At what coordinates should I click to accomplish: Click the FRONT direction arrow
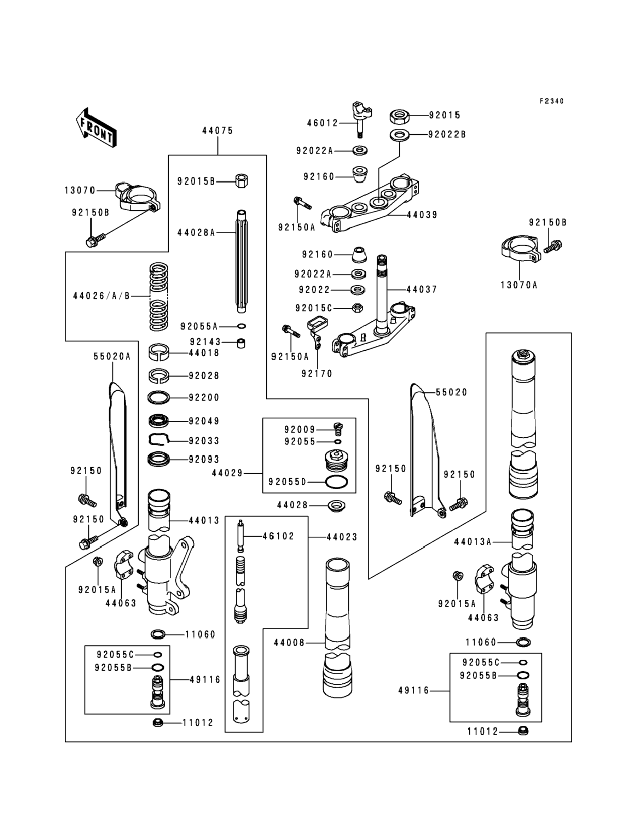click(x=96, y=128)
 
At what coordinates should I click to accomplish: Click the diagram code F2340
click(x=551, y=101)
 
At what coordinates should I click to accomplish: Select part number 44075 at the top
click(x=217, y=130)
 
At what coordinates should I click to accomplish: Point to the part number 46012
click(x=323, y=123)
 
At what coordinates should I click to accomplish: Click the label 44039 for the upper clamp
click(x=422, y=215)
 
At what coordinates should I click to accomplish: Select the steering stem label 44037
click(x=422, y=290)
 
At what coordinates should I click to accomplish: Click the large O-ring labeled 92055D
click(x=336, y=481)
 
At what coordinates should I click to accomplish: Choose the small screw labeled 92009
click(x=338, y=428)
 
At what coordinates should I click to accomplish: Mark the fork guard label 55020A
click(x=112, y=356)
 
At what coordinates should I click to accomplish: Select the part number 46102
click(x=278, y=536)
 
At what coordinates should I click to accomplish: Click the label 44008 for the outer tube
click(x=289, y=643)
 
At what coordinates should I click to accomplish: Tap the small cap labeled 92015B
click(x=241, y=181)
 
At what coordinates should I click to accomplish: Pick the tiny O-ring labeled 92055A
click(x=241, y=326)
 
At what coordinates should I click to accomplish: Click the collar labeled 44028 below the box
click(x=336, y=506)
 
